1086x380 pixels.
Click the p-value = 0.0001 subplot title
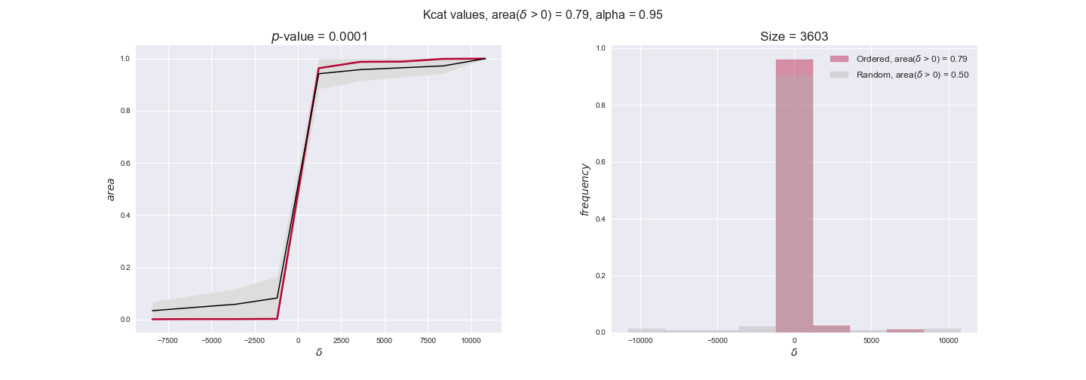pyautogui.click(x=319, y=37)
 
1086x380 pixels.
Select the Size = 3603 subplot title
pyautogui.click(x=794, y=37)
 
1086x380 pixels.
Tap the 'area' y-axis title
pyautogui.click(x=111, y=188)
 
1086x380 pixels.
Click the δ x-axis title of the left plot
pyautogui.click(x=319, y=352)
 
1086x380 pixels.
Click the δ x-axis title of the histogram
pyautogui.click(x=794, y=352)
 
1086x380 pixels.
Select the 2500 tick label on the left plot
pyautogui.click(x=341, y=340)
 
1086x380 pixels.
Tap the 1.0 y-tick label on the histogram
pyautogui.click(x=601, y=48)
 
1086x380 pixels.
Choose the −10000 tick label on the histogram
pyautogui.click(x=640, y=340)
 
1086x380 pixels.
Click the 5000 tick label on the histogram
pyautogui.click(x=871, y=340)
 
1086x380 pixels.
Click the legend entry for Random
pyautogui.click(x=912, y=75)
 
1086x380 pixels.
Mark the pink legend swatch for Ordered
pyautogui.click(x=839, y=59)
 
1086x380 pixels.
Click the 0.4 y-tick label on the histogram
pyautogui.click(x=601, y=219)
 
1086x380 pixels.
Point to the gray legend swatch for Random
pyautogui.click(x=839, y=75)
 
